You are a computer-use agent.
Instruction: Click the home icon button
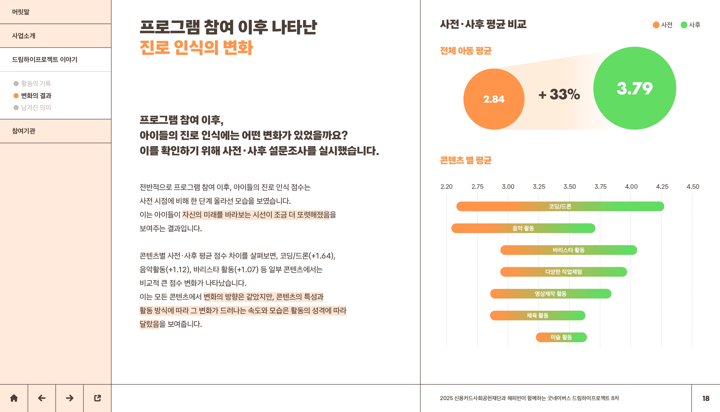pyautogui.click(x=14, y=398)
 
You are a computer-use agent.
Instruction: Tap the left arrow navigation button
pyautogui.click(x=42, y=398)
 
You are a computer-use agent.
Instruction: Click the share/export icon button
pyautogui.click(x=97, y=398)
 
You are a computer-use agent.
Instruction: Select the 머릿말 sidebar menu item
pyautogui.click(x=21, y=12)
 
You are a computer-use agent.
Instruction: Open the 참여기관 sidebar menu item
pyautogui.click(x=24, y=131)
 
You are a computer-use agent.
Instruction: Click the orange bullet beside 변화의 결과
pyautogui.click(x=16, y=96)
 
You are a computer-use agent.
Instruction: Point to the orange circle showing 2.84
pyautogui.click(x=494, y=99)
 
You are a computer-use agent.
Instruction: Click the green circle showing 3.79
pyautogui.click(x=635, y=88)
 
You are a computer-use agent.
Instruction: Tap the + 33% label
pyautogui.click(x=559, y=94)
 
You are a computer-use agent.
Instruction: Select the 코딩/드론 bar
pyautogui.click(x=560, y=206)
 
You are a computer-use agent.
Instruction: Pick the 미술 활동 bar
pyautogui.click(x=561, y=337)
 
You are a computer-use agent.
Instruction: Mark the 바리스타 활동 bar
pyautogui.click(x=569, y=250)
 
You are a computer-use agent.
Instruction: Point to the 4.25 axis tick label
pyautogui.click(x=662, y=187)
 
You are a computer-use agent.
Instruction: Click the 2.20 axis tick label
pyautogui.click(x=446, y=187)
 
